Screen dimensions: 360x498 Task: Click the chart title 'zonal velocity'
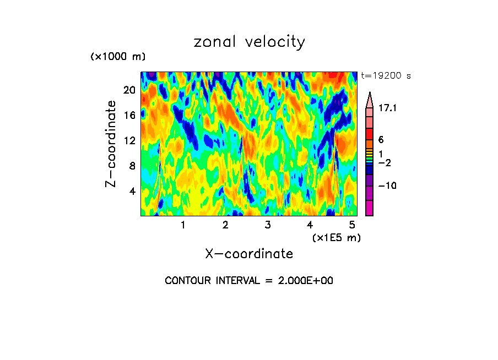click(x=249, y=42)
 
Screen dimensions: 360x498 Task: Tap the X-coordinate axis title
click(x=249, y=254)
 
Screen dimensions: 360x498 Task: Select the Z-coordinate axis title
click(x=111, y=144)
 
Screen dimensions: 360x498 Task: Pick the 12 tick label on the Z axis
click(x=129, y=140)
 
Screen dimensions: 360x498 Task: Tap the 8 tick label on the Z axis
click(x=132, y=166)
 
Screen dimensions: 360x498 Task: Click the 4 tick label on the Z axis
click(x=132, y=191)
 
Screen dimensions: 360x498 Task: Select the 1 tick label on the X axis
click(x=183, y=225)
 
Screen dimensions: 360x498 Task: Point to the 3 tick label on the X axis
click(x=268, y=225)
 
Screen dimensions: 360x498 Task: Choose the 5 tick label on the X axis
click(x=353, y=225)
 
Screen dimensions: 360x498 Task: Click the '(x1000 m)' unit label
click(x=117, y=57)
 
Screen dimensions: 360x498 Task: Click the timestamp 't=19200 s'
click(x=386, y=76)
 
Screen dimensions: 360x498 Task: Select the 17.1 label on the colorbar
click(x=388, y=109)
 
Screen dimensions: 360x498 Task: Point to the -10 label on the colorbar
click(x=388, y=186)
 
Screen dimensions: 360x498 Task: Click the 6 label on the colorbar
click(x=381, y=140)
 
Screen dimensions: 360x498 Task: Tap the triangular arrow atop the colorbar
click(x=369, y=99)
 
